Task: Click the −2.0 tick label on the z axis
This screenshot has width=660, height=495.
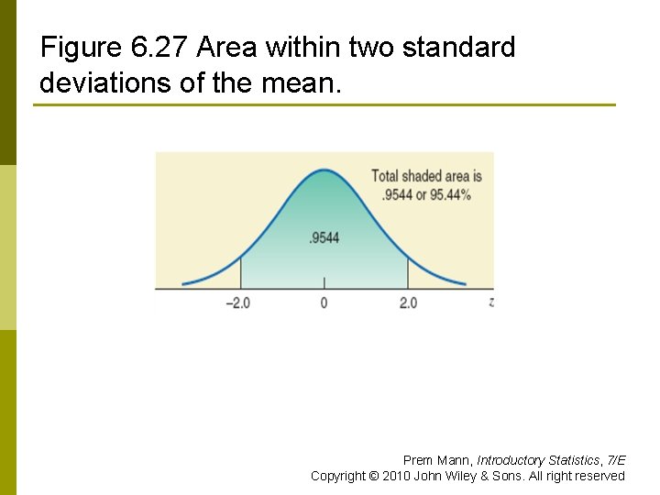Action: pyautogui.click(x=237, y=302)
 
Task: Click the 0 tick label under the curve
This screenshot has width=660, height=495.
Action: pyautogui.click(x=324, y=302)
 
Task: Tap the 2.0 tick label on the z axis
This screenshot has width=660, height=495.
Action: pyautogui.click(x=408, y=302)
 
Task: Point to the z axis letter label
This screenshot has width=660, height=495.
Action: pyautogui.click(x=491, y=302)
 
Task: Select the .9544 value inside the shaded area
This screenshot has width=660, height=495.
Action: pyautogui.click(x=324, y=237)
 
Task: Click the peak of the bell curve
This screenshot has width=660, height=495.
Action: pyautogui.click(x=324, y=170)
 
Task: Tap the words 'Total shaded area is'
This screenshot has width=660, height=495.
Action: pyautogui.click(x=425, y=176)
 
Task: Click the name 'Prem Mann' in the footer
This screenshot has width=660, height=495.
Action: pyautogui.click(x=437, y=460)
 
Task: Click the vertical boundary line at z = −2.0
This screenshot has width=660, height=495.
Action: pyautogui.click(x=240, y=273)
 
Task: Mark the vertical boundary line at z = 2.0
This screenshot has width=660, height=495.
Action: pyautogui.click(x=408, y=273)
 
